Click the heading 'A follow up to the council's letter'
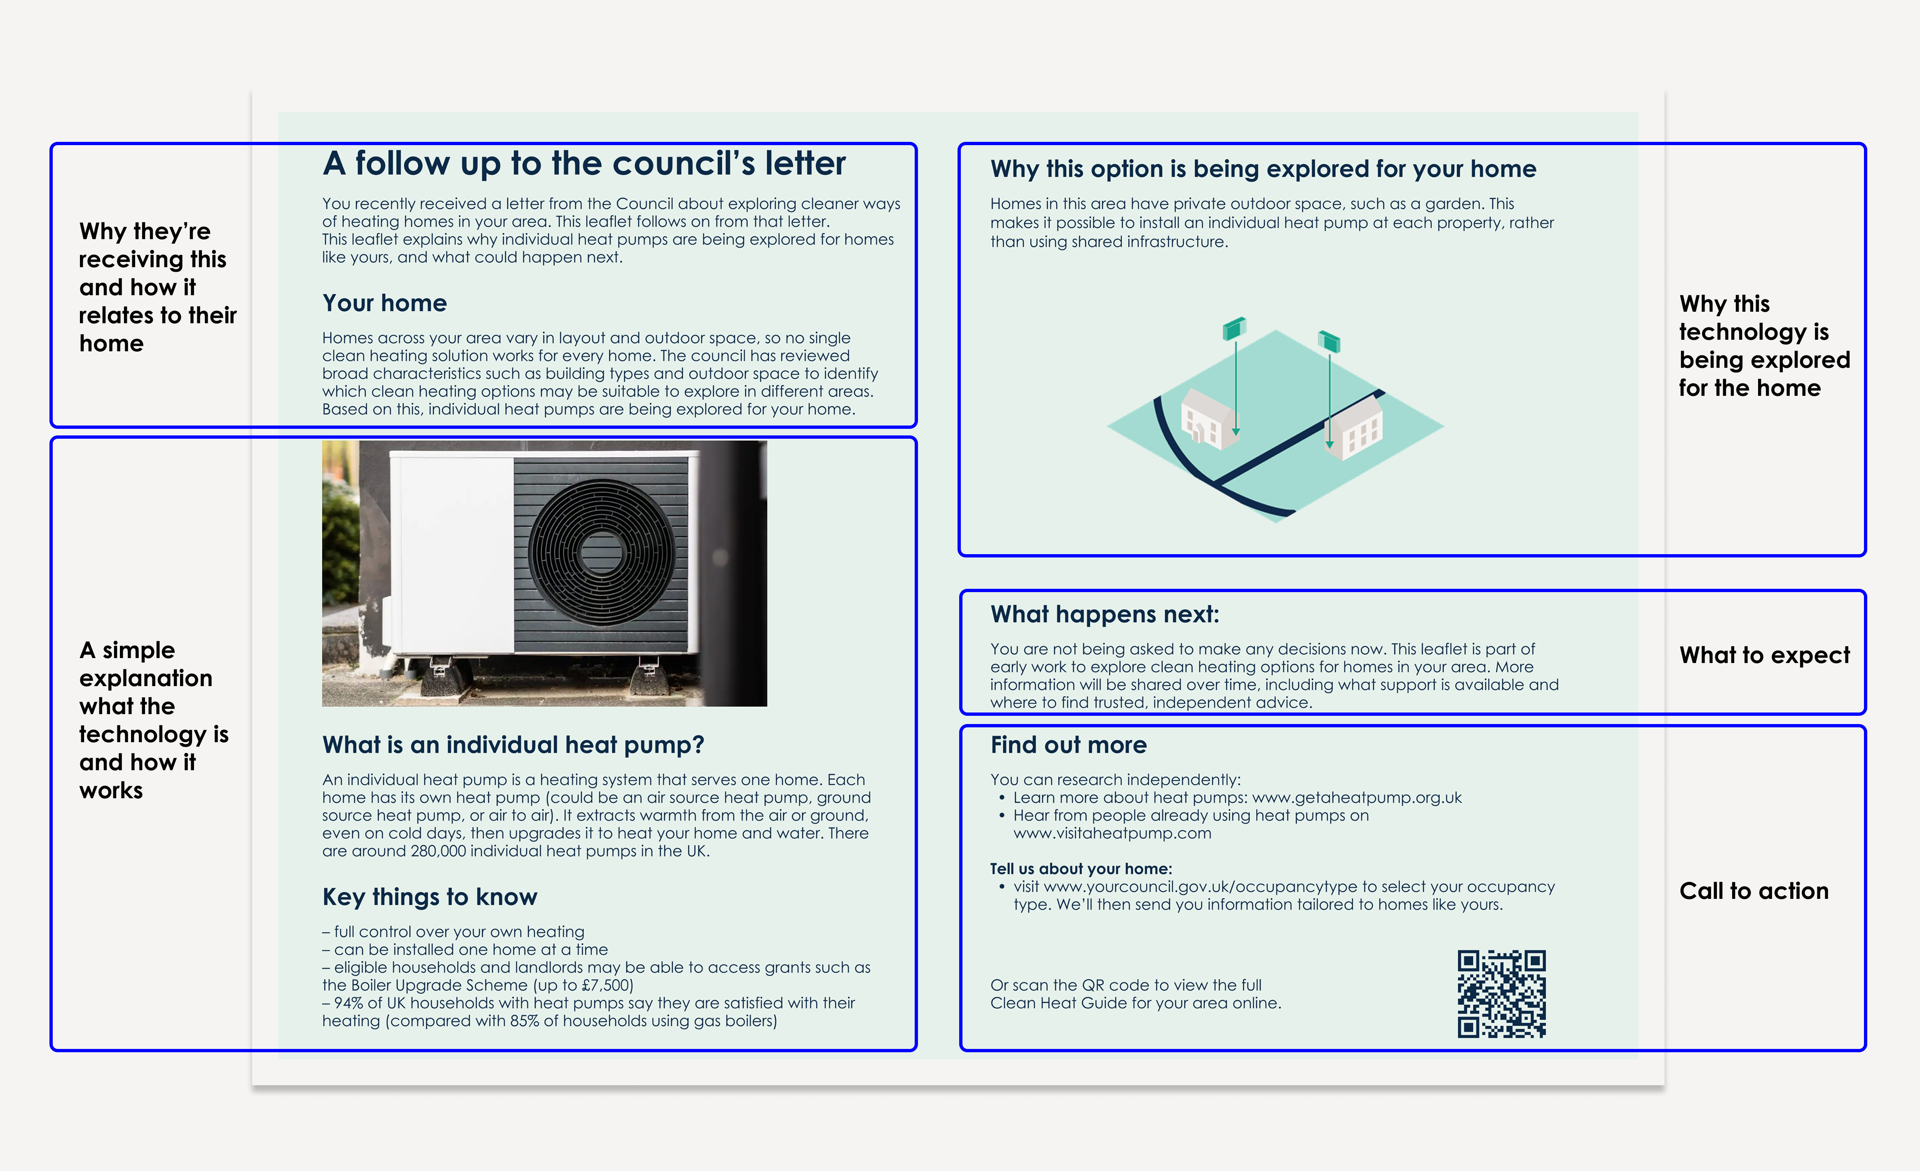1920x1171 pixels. (x=584, y=164)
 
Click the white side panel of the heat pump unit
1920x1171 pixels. (x=452, y=553)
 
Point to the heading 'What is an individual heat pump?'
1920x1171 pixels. (x=513, y=745)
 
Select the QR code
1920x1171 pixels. (x=1501, y=994)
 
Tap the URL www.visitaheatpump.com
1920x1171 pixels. (x=1112, y=833)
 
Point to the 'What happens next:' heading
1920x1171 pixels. (x=1104, y=615)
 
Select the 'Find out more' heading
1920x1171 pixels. (x=1068, y=745)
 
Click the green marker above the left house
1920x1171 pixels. (x=1234, y=328)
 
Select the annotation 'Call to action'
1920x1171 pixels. (x=1753, y=891)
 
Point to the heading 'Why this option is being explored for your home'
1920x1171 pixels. (x=1262, y=169)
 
